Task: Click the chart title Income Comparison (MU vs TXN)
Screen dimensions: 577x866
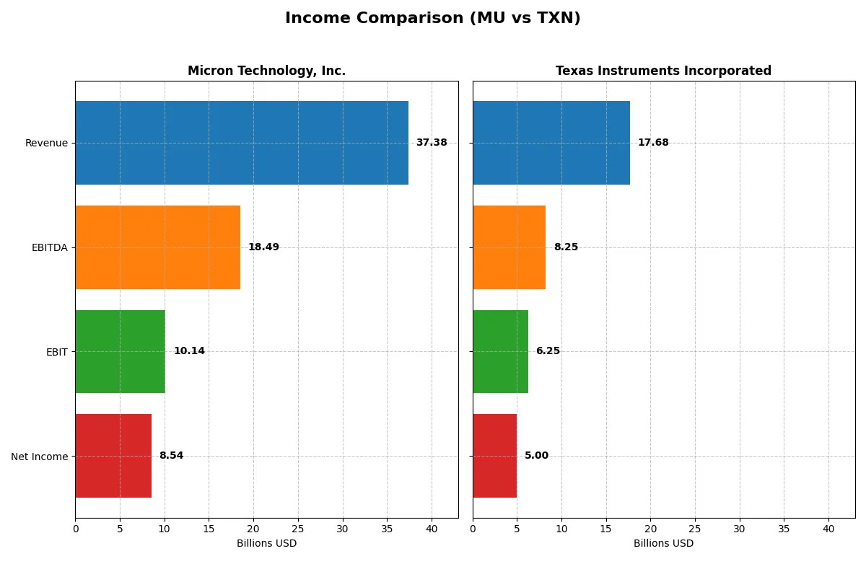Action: coord(432,18)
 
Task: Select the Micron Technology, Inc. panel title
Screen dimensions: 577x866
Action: coord(266,71)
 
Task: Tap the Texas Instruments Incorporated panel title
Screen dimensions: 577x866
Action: coord(663,71)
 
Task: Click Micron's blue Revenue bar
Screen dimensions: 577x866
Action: coord(242,143)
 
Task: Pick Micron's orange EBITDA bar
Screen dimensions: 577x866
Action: coord(157,247)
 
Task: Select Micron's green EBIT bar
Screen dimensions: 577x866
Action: coord(120,351)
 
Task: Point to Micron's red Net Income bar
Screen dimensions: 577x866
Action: coord(113,456)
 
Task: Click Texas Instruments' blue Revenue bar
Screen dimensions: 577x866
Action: coord(551,143)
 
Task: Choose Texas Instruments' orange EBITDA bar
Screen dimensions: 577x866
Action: coord(509,247)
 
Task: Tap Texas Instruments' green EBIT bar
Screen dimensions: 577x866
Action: coord(500,351)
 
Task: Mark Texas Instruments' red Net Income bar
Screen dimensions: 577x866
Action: coord(494,456)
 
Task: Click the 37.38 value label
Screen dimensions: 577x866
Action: coord(432,143)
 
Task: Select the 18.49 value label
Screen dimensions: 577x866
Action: coord(263,247)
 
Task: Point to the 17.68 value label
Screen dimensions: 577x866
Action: coord(653,143)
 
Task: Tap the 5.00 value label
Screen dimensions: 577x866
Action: coord(536,456)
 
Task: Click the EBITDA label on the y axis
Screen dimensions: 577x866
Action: coord(49,247)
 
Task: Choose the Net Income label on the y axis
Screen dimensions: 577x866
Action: coord(40,456)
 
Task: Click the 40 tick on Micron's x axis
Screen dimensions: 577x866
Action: coord(432,529)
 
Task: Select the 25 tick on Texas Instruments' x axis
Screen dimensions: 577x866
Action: coord(695,529)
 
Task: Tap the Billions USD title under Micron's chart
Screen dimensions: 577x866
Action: coord(266,544)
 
